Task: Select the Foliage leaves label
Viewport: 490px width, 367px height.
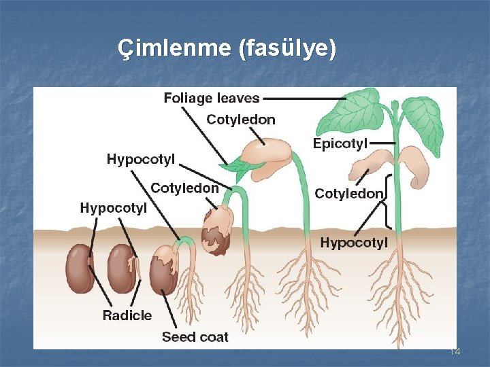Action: click(x=211, y=98)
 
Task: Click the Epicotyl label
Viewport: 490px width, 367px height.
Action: click(x=340, y=143)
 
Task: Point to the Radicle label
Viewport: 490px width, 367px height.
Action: click(x=127, y=315)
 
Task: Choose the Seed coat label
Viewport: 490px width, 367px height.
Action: click(x=195, y=337)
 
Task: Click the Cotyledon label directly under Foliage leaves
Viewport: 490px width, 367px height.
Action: click(x=241, y=120)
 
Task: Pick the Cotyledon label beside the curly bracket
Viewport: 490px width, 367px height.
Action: click(x=348, y=194)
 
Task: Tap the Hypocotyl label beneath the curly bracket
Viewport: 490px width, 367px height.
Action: click(x=354, y=243)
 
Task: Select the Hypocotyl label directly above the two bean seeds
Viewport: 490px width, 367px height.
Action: click(x=113, y=208)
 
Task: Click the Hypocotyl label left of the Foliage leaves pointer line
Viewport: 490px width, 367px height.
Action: click(x=140, y=160)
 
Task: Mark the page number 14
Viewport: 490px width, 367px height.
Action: click(x=455, y=351)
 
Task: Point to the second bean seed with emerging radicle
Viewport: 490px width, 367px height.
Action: click(x=122, y=268)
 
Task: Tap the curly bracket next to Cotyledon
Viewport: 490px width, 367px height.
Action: click(x=389, y=201)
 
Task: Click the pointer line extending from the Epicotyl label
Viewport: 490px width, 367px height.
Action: click(x=383, y=143)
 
